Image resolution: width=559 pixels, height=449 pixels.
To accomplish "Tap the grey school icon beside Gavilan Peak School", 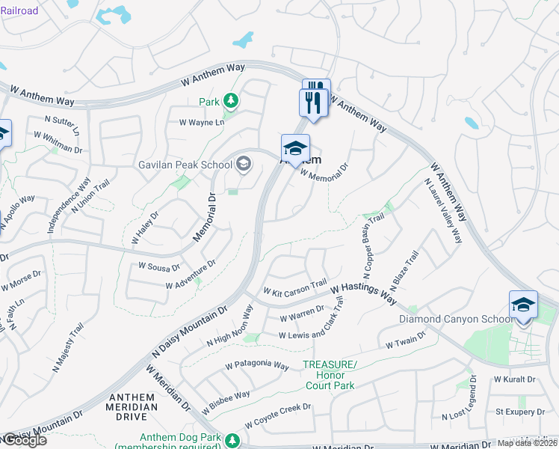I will click(x=244, y=164).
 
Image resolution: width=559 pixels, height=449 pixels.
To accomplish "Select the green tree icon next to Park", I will click(x=231, y=101).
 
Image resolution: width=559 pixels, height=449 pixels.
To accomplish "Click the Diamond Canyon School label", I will click(x=455, y=319).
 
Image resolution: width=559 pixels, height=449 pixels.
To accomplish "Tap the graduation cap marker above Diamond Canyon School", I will click(x=523, y=305).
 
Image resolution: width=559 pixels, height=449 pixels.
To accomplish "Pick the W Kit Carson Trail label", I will click(x=294, y=287).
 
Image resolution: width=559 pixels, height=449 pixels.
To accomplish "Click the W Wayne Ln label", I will click(x=200, y=123).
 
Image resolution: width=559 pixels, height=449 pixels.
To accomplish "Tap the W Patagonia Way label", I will click(x=257, y=366).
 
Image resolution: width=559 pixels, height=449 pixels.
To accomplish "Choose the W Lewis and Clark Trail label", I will click(x=312, y=323).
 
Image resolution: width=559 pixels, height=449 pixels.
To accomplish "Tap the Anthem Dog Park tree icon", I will click(x=233, y=439).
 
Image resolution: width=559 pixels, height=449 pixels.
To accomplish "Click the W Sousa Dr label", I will click(x=159, y=266).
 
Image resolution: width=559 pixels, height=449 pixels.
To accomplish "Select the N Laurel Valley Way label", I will click(x=442, y=212).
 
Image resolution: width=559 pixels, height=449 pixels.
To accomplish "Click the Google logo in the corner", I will click(x=24, y=440).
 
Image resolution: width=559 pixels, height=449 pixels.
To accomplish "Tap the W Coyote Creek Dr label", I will click(x=277, y=411).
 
